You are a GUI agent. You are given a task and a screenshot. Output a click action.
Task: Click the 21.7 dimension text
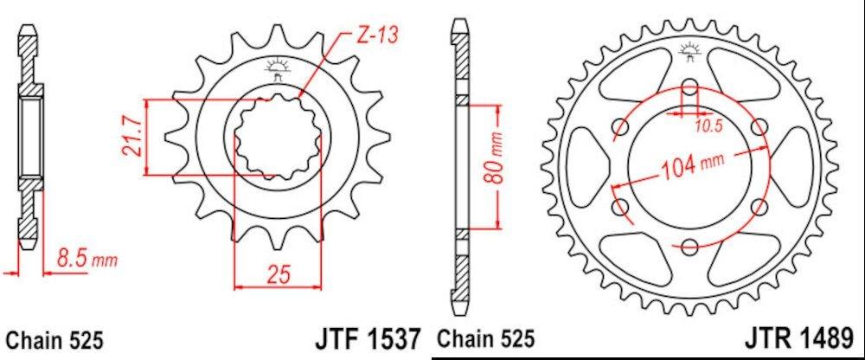(132, 138)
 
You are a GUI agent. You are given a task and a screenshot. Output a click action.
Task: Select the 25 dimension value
(277, 274)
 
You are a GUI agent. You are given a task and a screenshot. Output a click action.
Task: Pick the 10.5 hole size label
(708, 127)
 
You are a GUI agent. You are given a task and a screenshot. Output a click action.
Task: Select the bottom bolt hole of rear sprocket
(689, 247)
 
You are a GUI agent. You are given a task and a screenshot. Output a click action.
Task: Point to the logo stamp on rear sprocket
(689, 52)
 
